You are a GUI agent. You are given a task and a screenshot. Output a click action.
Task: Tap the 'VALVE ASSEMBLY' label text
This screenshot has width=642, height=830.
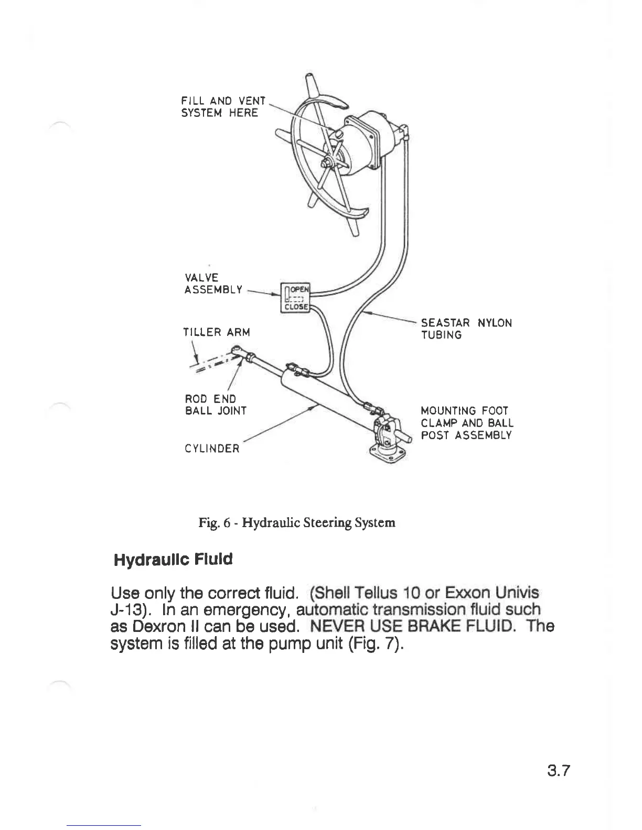213,283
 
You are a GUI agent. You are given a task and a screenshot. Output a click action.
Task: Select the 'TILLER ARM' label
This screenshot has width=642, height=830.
216,332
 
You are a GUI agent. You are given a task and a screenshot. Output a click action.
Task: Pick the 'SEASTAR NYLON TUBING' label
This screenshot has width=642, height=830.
466,329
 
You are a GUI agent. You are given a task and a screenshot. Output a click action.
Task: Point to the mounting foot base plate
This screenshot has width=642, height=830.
389,453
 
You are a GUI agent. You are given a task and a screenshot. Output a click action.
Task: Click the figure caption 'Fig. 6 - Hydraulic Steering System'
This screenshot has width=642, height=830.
296,522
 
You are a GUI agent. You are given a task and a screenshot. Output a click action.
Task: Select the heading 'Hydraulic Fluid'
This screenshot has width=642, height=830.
173,560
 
